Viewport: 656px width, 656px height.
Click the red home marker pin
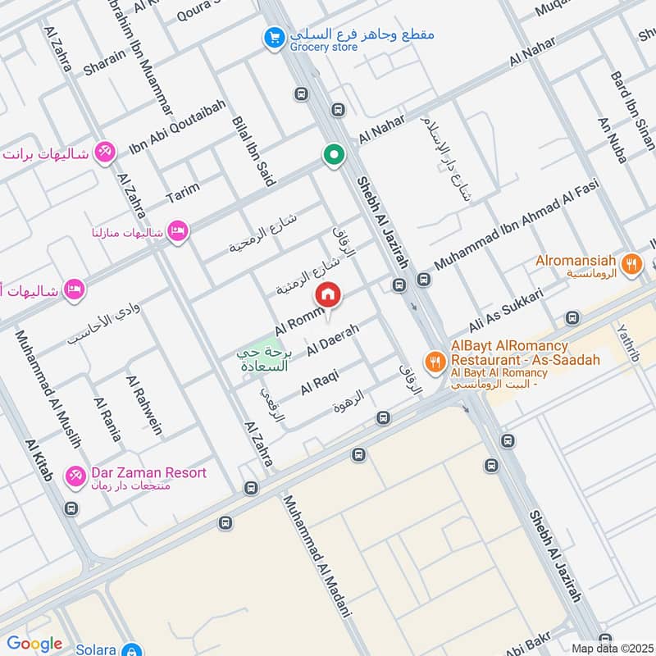[x=328, y=294]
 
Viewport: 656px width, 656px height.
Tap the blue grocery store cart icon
[x=274, y=37]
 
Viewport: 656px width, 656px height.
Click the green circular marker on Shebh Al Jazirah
[x=333, y=154]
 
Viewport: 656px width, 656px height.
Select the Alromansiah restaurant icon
[x=631, y=263]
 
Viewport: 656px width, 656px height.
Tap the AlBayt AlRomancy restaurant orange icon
[x=434, y=360]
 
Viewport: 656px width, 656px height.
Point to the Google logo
[x=34, y=644]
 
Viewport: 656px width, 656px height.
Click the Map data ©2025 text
[x=612, y=648]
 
